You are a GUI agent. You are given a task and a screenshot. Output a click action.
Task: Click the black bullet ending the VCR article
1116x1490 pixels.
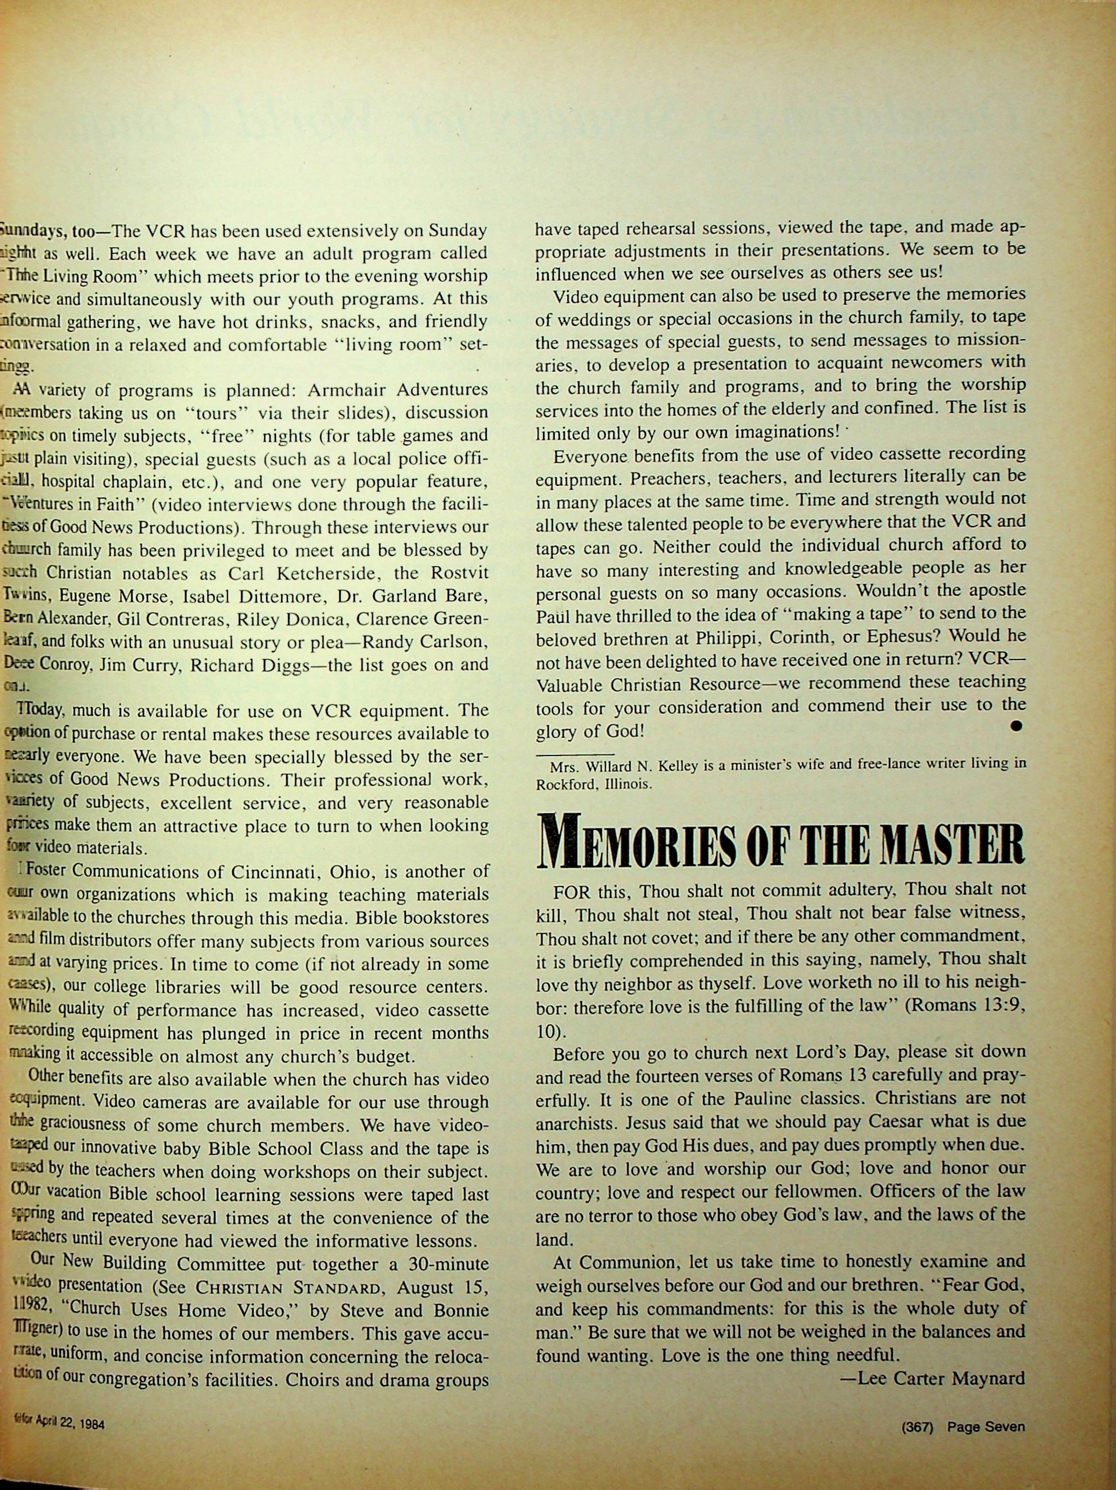pos(1017,726)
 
